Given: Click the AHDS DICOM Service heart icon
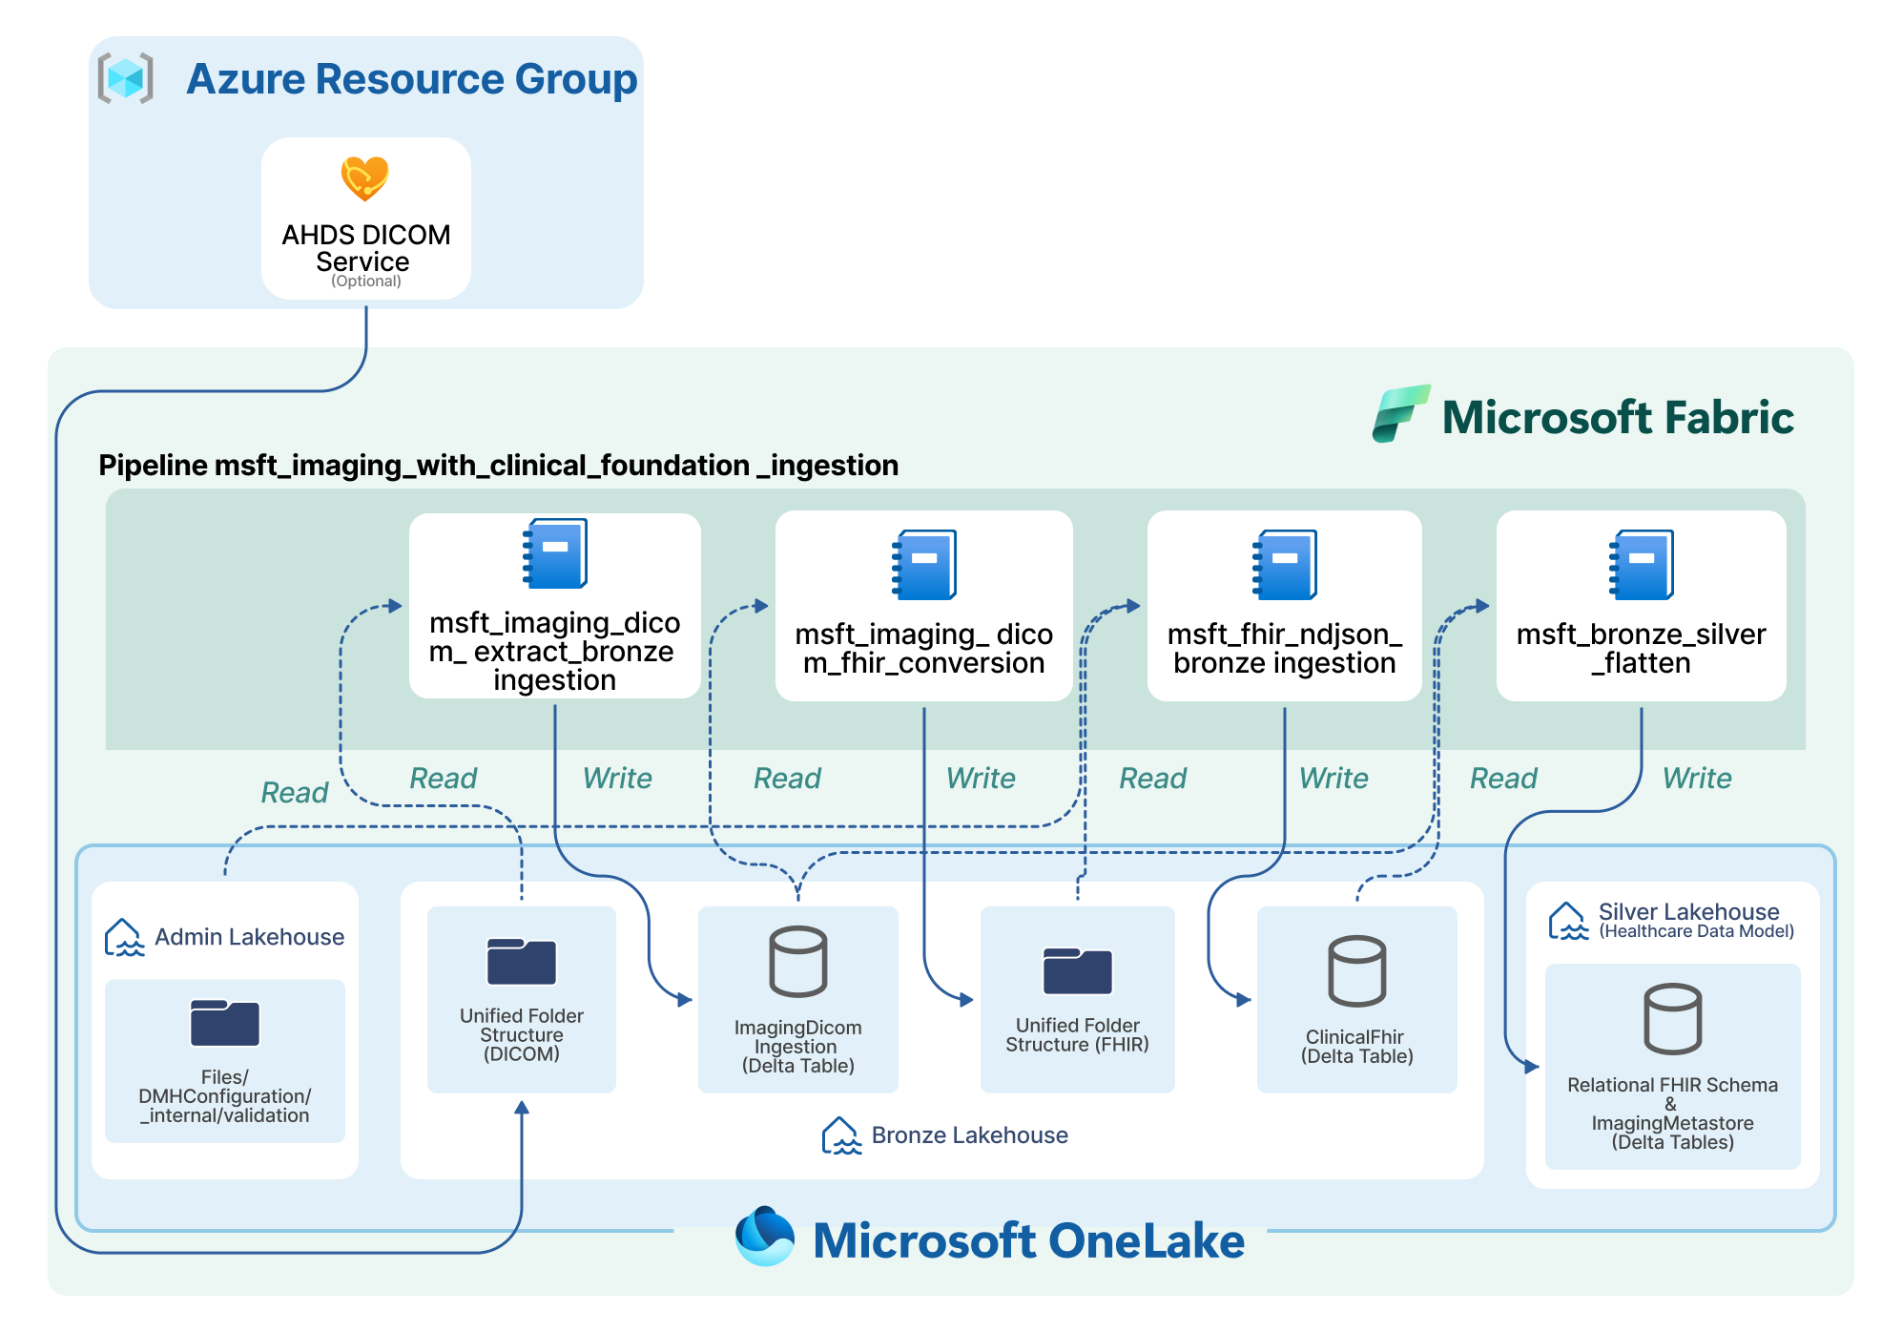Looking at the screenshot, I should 364,178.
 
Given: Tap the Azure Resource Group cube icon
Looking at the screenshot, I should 125,78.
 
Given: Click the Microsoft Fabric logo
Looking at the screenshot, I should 1400,414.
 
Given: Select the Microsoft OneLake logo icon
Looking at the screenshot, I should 765,1236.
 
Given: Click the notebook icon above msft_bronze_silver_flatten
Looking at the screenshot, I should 1642,565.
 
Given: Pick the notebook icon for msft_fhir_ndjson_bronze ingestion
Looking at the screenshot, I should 1285,565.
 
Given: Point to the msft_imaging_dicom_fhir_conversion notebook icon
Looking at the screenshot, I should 924,565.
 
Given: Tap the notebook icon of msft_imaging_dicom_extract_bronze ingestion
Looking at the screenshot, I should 555,553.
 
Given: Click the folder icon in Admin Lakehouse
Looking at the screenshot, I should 225,1023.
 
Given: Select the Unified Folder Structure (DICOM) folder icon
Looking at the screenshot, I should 522,961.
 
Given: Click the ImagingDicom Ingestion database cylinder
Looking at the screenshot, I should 798,961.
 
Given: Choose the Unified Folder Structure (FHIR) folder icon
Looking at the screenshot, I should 1078,970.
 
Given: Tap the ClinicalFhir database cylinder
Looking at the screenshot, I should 1357,970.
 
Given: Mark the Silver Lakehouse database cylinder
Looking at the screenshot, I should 1673,1018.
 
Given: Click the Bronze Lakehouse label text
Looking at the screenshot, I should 969,1135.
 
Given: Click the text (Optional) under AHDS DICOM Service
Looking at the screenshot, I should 366,281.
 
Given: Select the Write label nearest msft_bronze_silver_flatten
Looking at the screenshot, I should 1697,779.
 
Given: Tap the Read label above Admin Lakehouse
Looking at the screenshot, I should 295,793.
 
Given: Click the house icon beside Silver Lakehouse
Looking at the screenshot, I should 1568,921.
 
